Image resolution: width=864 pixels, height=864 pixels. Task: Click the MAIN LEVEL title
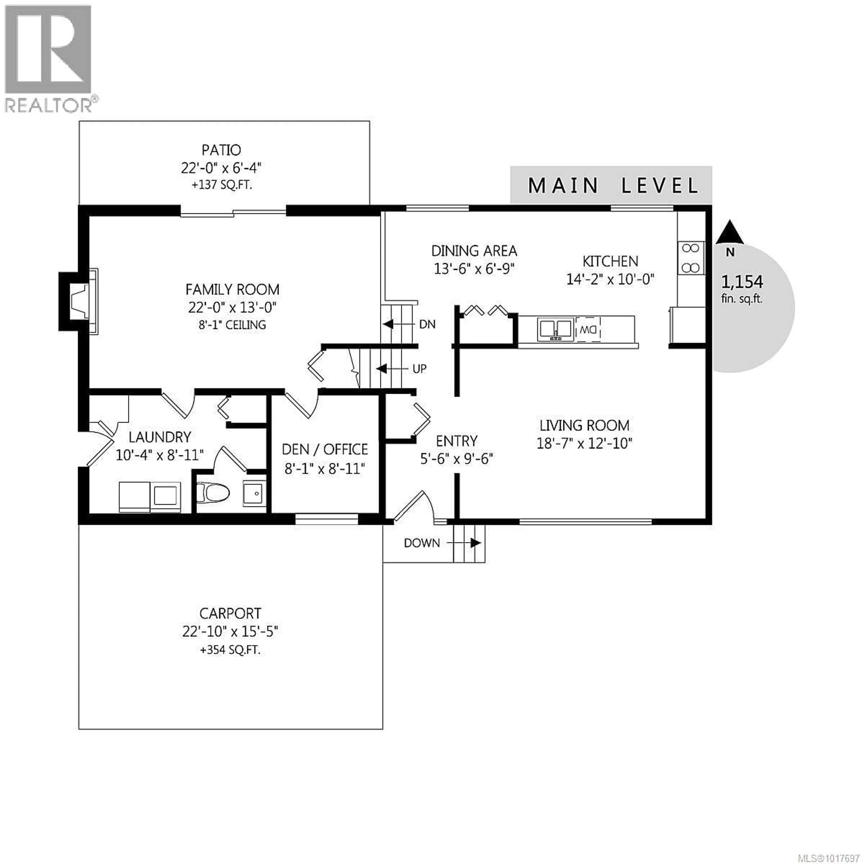(x=613, y=186)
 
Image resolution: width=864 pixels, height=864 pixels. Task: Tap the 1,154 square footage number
(x=742, y=282)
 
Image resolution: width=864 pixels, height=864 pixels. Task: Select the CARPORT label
(x=230, y=613)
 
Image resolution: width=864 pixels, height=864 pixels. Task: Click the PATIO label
(x=221, y=150)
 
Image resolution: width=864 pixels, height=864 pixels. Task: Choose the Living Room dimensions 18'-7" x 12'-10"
(x=585, y=443)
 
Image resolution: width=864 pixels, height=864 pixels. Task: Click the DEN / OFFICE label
(x=325, y=449)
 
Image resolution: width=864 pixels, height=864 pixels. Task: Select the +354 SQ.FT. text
(x=230, y=650)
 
